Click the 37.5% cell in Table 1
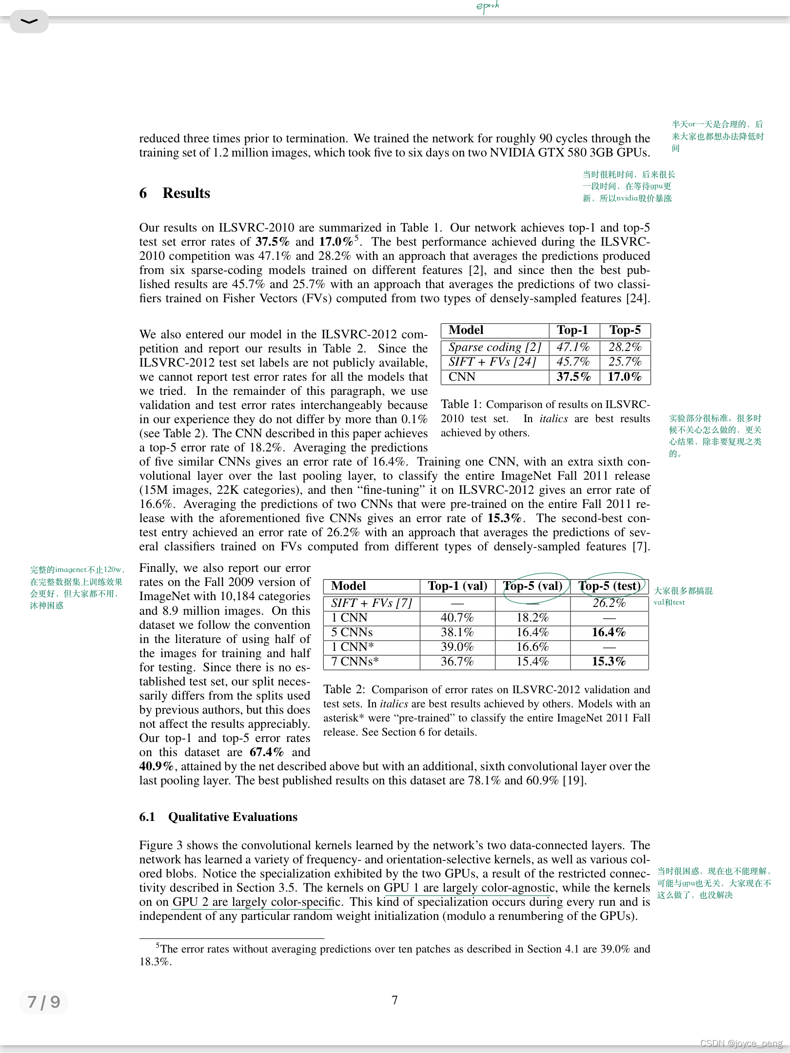pyautogui.click(x=573, y=377)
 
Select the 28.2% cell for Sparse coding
pyautogui.click(x=625, y=347)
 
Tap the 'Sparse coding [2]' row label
pyautogui.click(x=494, y=347)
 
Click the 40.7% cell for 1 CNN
pyautogui.click(x=457, y=618)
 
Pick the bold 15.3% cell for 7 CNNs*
pyautogui.click(x=609, y=662)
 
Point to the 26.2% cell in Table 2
pyautogui.click(x=609, y=603)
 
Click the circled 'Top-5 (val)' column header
pyautogui.click(x=533, y=586)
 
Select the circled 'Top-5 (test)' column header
pyautogui.click(x=610, y=586)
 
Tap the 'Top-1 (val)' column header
pyautogui.click(x=457, y=586)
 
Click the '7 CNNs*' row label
pyautogui.click(x=355, y=662)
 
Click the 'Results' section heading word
pyautogui.click(x=186, y=193)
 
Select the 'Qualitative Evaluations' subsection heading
pyautogui.click(x=233, y=817)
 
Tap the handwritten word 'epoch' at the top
pyautogui.click(x=487, y=6)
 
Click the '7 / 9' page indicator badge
pyautogui.click(x=44, y=1002)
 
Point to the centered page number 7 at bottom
pyautogui.click(x=395, y=1000)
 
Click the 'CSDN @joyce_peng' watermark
pyautogui.click(x=741, y=1043)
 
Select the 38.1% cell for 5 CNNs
pyautogui.click(x=457, y=632)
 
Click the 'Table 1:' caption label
pyautogui.click(x=461, y=404)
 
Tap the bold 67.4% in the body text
pyautogui.click(x=266, y=752)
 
